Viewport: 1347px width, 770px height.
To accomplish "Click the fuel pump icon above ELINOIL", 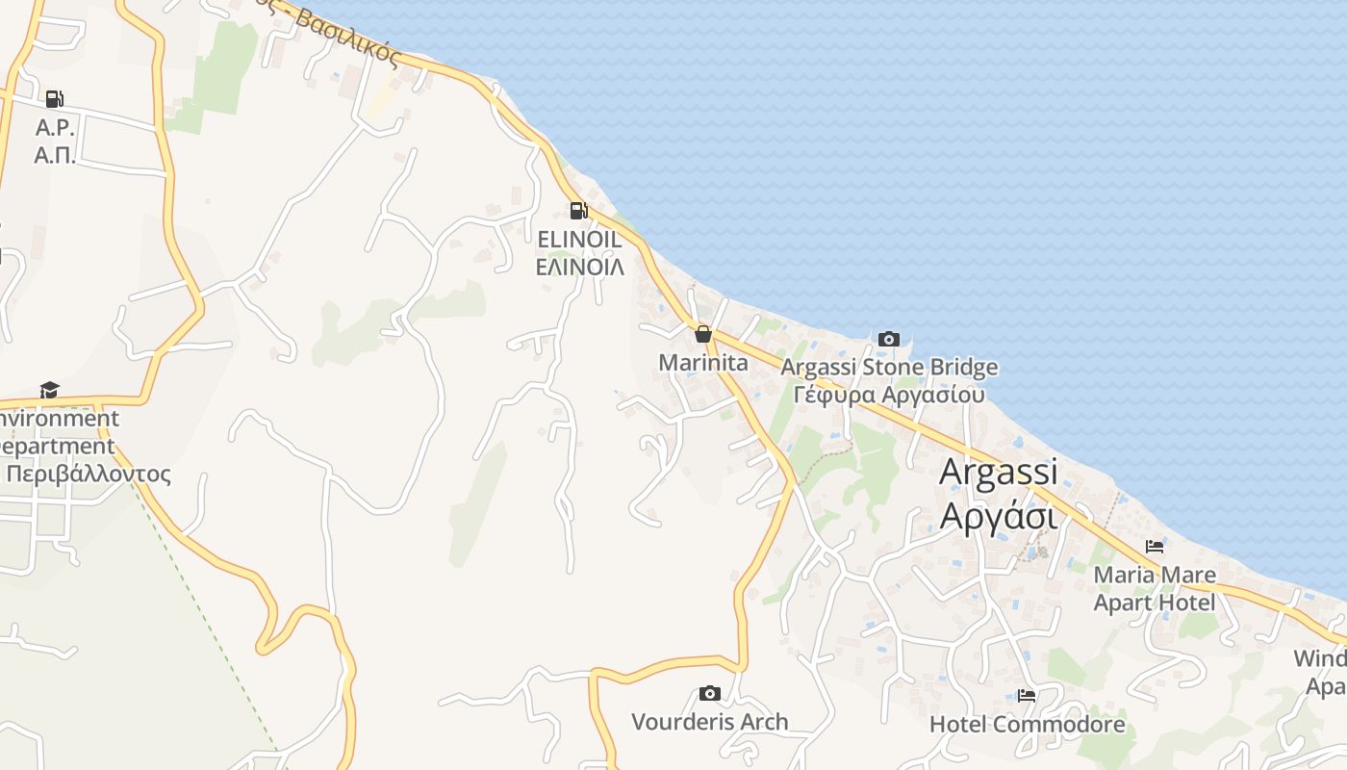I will click(x=578, y=211).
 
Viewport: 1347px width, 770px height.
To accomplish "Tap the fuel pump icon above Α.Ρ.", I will click(x=54, y=98).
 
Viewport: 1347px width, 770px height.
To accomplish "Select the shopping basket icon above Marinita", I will click(x=703, y=334).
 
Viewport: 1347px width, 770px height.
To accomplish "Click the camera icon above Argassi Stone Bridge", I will click(x=889, y=339).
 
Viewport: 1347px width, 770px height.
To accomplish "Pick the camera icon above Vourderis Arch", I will click(x=709, y=693).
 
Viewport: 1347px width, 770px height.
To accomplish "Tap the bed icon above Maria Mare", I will click(x=1155, y=547).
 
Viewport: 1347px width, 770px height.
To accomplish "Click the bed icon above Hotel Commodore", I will click(x=1027, y=696).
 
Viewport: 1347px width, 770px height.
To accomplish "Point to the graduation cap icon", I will click(x=49, y=390).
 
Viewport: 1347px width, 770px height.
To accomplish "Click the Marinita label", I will click(x=703, y=363).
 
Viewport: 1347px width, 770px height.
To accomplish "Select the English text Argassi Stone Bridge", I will click(x=889, y=368).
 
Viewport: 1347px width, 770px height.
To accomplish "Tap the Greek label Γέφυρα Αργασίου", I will click(x=889, y=395).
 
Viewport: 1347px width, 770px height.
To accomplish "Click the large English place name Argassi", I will click(x=998, y=472).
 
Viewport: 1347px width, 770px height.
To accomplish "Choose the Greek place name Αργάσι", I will click(x=998, y=516).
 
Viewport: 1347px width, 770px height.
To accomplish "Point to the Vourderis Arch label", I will click(x=709, y=722).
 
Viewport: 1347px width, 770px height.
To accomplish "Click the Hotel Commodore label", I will click(x=1027, y=724).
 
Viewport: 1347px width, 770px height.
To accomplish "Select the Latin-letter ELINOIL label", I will click(x=579, y=240).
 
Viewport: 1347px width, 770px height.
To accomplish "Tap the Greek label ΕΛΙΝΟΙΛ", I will click(x=579, y=267).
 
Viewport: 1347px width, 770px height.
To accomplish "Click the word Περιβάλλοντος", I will click(x=89, y=475).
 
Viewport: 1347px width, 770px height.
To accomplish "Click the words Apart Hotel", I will click(x=1155, y=603).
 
